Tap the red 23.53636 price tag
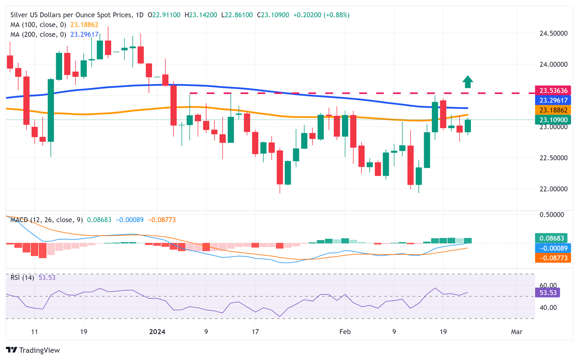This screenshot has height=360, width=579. (553, 90)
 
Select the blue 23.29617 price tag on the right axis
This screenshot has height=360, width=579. (553, 100)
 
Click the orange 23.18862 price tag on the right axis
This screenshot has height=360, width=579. (553, 110)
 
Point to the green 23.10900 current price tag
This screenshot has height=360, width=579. (553, 120)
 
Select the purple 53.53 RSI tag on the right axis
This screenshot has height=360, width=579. (548, 293)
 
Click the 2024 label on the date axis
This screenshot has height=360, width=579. (157, 332)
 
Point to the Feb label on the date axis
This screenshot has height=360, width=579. (345, 332)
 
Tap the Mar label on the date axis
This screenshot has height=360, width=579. (516, 332)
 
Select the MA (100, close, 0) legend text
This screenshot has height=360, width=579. (38, 25)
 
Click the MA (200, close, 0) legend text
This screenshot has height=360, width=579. (38, 35)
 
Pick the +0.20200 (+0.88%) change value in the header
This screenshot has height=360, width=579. (321, 15)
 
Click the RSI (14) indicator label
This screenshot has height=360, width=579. (22, 278)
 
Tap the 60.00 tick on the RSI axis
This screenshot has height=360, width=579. (548, 285)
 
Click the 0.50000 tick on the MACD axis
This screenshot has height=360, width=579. (552, 214)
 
